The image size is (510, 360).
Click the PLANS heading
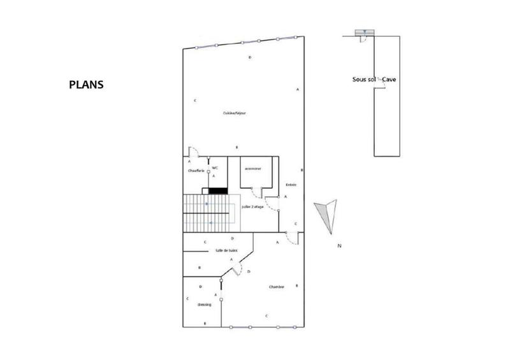point(86,83)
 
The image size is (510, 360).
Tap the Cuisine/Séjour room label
point(235,113)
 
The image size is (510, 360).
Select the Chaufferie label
point(195,171)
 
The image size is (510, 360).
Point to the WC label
point(215,168)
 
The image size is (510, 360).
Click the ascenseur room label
point(252,169)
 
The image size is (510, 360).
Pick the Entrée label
point(291,185)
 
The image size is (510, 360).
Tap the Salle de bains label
point(226,251)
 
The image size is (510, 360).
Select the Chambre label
point(276,287)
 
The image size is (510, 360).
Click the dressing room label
point(204,305)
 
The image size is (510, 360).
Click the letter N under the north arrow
point(340,245)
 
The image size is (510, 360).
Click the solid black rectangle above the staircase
point(217,190)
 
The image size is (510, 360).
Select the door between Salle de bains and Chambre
point(237,270)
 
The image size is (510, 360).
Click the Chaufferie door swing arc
point(195,153)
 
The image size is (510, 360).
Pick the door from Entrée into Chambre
point(293,238)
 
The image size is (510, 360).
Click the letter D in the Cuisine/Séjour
point(250,58)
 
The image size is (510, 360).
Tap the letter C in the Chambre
point(266,316)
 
